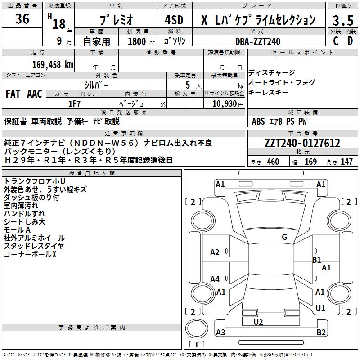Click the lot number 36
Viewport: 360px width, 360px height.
pyautogui.click(x=22, y=19)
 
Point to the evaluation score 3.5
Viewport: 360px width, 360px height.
pyautogui.click(x=342, y=21)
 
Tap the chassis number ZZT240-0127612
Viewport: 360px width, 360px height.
pyautogui.click(x=302, y=144)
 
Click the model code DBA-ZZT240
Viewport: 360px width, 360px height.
pyautogui.click(x=258, y=41)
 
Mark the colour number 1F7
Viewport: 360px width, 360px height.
pyautogui.click(x=74, y=103)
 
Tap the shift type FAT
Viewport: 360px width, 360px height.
pyautogui.click(x=13, y=94)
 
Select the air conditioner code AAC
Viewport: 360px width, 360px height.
pyautogui.click(x=35, y=94)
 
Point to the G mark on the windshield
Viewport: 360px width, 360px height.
pyautogui.click(x=284, y=237)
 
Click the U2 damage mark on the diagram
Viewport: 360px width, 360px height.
pyautogui.click(x=258, y=322)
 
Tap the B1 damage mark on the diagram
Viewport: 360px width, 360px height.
pyautogui.click(x=317, y=260)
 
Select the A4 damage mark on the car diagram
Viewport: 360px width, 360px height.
pyautogui.click(x=215, y=279)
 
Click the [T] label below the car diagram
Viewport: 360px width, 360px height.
pyautogui.click(x=197, y=345)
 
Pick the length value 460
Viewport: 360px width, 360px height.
pyautogui.click(x=273, y=162)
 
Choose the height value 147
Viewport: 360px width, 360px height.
pyautogui.click(x=346, y=162)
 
